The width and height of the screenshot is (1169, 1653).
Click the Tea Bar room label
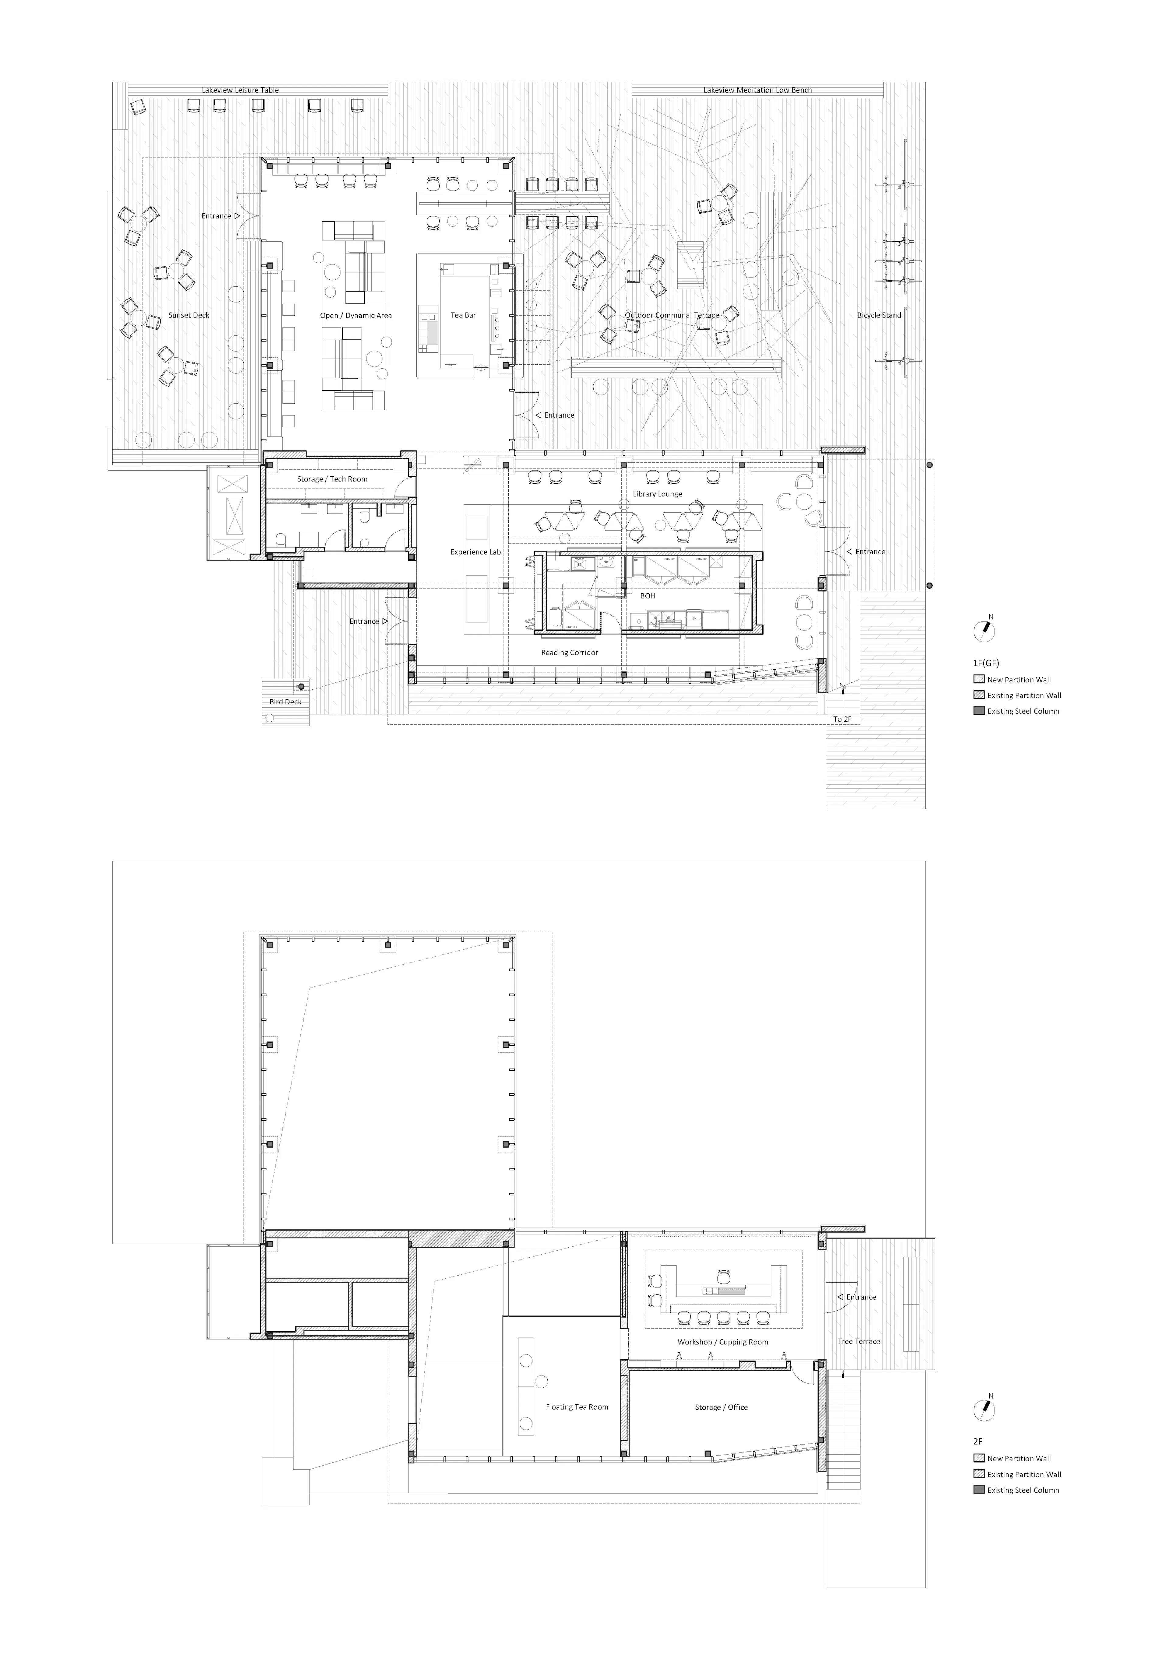pos(463,315)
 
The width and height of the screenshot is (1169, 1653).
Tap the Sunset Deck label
pos(189,315)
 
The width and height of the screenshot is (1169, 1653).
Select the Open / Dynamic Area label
pos(356,315)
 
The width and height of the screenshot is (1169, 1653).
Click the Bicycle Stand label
pos(879,315)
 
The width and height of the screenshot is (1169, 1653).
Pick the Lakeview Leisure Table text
pos(240,90)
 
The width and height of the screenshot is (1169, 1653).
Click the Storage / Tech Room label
pos(332,479)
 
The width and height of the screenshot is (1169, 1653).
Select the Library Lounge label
pos(657,494)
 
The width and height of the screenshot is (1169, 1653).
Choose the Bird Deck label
pos(285,702)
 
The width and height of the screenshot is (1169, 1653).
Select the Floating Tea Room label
pos(576,1407)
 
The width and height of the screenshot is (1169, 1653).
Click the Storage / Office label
pos(721,1407)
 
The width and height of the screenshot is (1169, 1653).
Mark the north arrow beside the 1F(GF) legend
pos(984,631)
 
